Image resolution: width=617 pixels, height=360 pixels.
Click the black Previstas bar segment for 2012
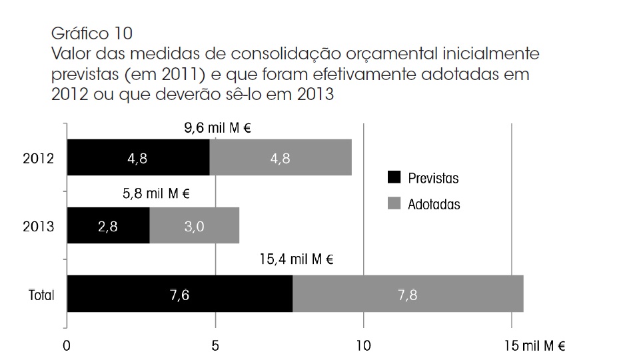click(x=138, y=158)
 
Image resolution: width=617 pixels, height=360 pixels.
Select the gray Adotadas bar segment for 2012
click(x=281, y=158)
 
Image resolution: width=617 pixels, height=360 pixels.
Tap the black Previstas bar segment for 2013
click(x=108, y=225)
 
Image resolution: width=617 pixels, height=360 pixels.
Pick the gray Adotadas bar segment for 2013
click(x=194, y=225)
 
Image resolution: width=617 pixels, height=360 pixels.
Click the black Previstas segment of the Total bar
click(x=179, y=293)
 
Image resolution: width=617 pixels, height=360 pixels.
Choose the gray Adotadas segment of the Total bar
click(x=408, y=293)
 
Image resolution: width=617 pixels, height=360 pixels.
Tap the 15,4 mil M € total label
click(x=296, y=260)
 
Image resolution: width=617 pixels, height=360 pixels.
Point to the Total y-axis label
click(x=41, y=294)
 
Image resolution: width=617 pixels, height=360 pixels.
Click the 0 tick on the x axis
click(x=67, y=346)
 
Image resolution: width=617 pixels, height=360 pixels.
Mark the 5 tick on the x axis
click(x=215, y=346)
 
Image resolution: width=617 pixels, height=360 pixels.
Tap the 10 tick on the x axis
click(x=363, y=346)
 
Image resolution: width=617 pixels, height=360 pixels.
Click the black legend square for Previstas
click(x=394, y=177)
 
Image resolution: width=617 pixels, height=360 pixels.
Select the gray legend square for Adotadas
click(x=394, y=203)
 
